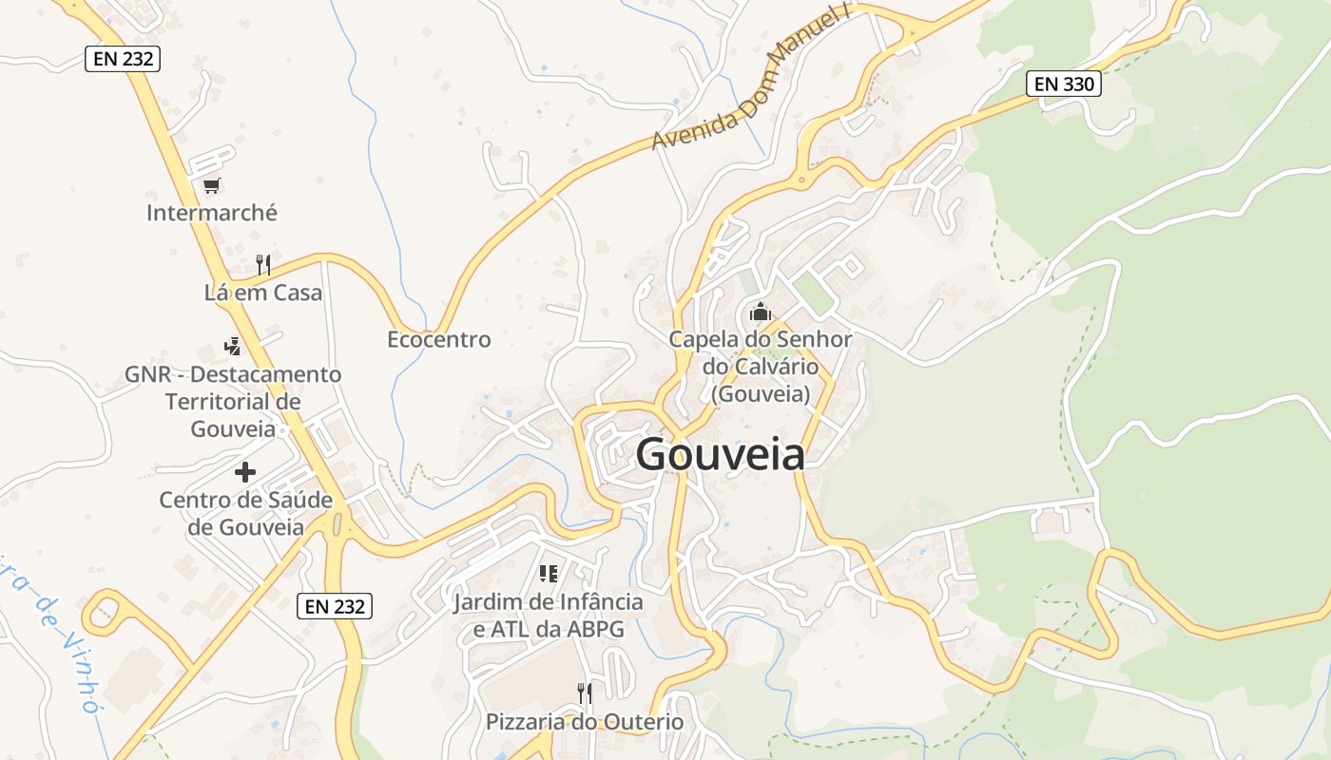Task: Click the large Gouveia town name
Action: click(x=720, y=455)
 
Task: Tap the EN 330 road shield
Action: click(x=1064, y=84)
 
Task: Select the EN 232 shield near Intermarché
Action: click(x=124, y=59)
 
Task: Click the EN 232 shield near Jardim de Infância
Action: click(x=336, y=606)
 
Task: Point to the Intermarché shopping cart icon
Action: click(x=211, y=185)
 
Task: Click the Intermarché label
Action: click(x=212, y=213)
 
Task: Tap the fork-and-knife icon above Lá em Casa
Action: click(x=263, y=264)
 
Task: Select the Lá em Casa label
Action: click(x=263, y=293)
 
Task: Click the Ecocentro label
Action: click(x=438, y=339)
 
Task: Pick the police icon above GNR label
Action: click(x=232, y=346)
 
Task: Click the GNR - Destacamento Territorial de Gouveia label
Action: click(x=233, y=401)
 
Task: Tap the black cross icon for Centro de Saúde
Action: click(x=245, y=471)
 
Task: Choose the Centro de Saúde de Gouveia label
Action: click(x=245, y=513)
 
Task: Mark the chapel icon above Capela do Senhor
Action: click(x=760, y=311)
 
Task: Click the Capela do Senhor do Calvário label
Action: click(x=760, y=366)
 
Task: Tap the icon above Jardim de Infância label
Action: click(x=548, y=573)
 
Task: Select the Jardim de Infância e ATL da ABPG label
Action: click(x=548, y=616)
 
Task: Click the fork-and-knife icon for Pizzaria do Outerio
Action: click(x=585, y=693)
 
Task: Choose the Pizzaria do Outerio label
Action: click(x=585, y=722)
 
